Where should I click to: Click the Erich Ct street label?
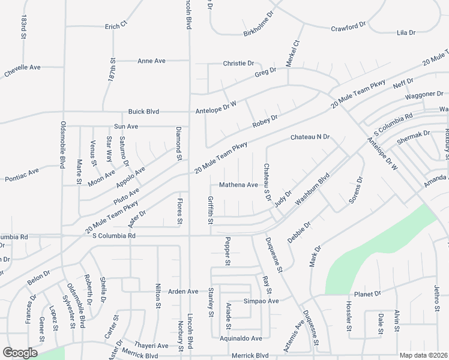[x=116, y=26]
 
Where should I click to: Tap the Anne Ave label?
[x=151, y=61]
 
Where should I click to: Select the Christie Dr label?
[x=239, y=63]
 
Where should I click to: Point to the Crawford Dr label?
[x=348, y=27]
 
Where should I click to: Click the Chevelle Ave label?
[x=22, y=67]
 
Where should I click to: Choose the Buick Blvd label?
[x=143, y=112]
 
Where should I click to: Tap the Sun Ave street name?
[x=126, y=127]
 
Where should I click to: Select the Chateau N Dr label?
[x=310, y=137]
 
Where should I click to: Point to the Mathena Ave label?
[x=238, y=185]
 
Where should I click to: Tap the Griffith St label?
[x=210, y=210]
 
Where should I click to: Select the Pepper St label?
[x=228, y=251]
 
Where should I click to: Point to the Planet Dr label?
[x=367, y=294]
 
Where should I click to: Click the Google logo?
[x=20, y=353]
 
